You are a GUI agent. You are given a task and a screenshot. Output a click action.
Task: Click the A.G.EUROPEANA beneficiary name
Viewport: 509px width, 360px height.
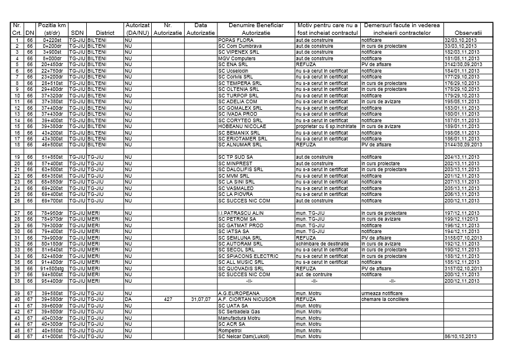(x=240, y=293)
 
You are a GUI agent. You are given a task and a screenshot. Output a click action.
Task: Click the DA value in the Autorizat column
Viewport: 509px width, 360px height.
(x=128, y=299)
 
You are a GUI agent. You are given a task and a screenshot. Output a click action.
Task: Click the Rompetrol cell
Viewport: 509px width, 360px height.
(x=230, y=330)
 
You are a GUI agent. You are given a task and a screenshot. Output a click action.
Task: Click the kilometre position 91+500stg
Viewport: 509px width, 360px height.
(x=52, y=268)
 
